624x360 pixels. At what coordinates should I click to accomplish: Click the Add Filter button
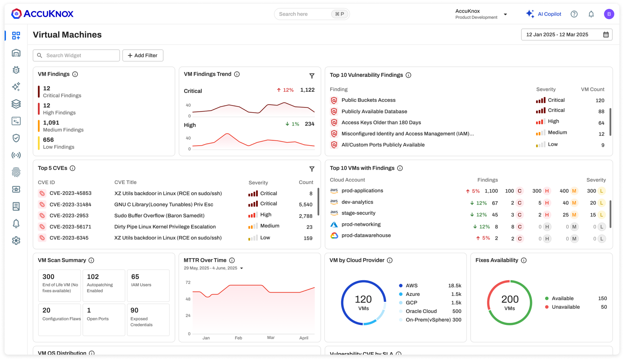coord(143,56)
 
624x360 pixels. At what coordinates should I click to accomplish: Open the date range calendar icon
coord(606,35)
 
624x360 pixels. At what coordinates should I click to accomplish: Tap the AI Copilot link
coord(549,14)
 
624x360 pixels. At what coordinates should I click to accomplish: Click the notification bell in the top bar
coord(591,14)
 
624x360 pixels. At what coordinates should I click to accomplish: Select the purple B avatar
coord(609,14)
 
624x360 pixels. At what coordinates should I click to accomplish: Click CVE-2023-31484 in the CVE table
coord(70,204)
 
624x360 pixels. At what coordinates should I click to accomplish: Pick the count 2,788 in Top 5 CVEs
coord(305,216)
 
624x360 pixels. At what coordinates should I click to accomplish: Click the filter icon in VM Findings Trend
coord(312,76)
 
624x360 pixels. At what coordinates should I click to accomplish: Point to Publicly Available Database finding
coord(374,111)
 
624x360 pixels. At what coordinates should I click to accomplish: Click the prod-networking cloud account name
coord(361,224)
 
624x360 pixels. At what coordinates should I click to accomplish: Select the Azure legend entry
coord(412,294)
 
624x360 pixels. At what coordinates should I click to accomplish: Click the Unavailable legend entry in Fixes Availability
coord(565,307)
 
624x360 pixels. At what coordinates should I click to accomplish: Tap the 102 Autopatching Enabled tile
coord(104,285)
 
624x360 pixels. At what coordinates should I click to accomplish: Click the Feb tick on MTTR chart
coord(238,338)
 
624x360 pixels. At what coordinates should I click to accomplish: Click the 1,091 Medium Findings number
coord(51,123)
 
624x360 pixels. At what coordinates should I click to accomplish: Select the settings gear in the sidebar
coord(16,241)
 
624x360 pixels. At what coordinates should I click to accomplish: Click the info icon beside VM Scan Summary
coord(91,260)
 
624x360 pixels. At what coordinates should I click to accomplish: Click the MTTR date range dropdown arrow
coord(242,268)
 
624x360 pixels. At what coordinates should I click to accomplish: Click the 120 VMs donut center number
coord(363,299)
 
